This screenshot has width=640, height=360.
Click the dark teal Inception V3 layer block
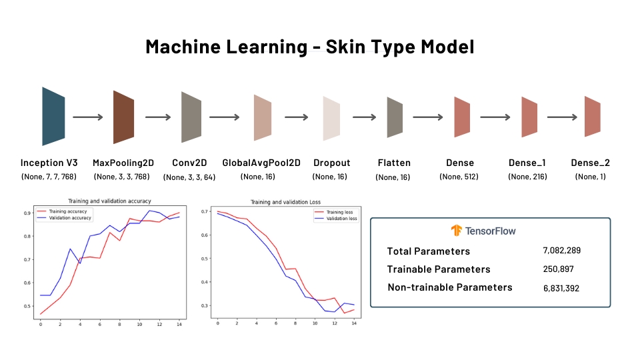tap(53, 116)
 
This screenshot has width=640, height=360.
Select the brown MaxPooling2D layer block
tap(124, 117)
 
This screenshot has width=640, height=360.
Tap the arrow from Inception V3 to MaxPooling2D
tap(88, 117)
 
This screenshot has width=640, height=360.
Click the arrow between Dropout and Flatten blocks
tap(364, 117)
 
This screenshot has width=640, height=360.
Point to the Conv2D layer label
tap(189, 163)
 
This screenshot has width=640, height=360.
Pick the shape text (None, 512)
tap(460, 177)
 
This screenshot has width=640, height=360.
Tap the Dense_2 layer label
tap(591, 163)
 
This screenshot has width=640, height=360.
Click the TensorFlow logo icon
tap(457, 231)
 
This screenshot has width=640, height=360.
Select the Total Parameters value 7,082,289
tap(563, 251)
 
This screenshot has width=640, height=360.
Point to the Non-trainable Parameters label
tap(450, 287)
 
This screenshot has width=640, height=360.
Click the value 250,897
tap(559, 269)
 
